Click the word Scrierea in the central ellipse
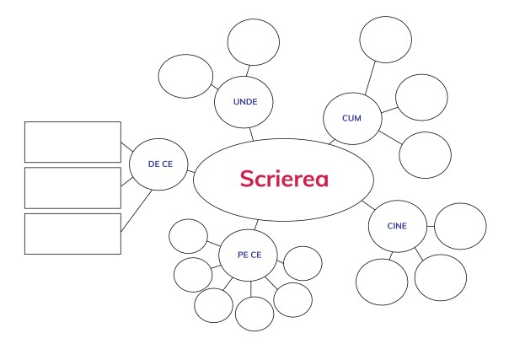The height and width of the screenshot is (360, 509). [284, 180]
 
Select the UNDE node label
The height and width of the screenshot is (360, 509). [245, 102]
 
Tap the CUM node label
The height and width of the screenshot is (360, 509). [352, 118]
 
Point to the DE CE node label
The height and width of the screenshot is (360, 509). [160, 164]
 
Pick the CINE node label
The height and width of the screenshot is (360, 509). [397, 226]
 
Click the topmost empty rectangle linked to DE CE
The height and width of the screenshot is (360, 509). [72, 142]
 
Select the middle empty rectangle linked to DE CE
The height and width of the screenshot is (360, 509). [72, 187]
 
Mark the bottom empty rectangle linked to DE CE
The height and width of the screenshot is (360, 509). [72, 234]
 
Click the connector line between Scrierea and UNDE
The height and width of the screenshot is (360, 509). [250, 133]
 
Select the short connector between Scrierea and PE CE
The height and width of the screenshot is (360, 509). [256, 224]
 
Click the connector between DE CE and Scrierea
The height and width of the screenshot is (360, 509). [191, 172]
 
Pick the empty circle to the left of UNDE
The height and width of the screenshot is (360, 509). [186, 76]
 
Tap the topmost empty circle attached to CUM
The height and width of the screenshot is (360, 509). [385, 40]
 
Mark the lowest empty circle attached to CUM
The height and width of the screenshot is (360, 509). [425, 155]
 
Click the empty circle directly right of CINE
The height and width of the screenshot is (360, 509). [459, 226]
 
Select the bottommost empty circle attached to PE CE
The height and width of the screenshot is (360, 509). [253, 314]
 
